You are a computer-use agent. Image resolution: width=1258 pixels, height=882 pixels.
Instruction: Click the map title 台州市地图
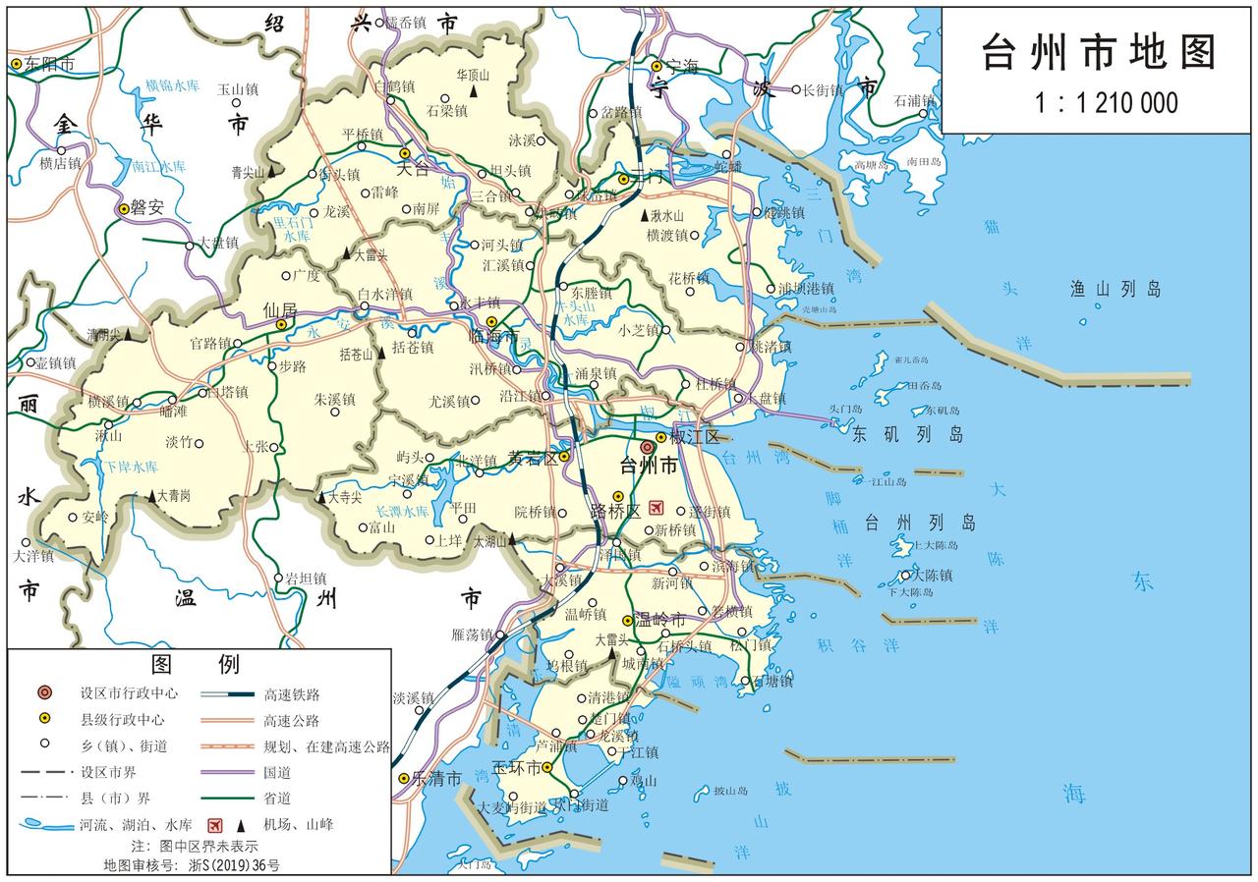click(1099, 52)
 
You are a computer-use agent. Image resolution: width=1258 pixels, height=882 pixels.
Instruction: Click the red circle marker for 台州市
click(647, 447)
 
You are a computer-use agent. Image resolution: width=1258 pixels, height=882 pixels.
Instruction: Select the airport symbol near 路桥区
click(656, 508)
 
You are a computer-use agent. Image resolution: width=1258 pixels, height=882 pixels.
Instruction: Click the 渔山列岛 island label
click(1115, 289)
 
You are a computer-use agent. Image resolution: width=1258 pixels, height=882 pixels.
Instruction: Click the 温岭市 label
click(658, 620)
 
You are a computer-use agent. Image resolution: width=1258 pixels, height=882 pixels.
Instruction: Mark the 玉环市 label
click(516, 767)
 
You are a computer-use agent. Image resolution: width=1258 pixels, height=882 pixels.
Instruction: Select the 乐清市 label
click(436, 779)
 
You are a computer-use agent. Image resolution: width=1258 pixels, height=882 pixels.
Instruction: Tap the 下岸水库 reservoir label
click(131, 467)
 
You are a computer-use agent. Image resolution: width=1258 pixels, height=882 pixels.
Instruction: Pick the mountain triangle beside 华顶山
click(474, 91)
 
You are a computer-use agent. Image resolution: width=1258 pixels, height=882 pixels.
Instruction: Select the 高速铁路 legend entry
click(292, 693)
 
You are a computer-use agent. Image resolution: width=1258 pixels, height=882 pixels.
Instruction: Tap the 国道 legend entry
click(277, 772)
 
